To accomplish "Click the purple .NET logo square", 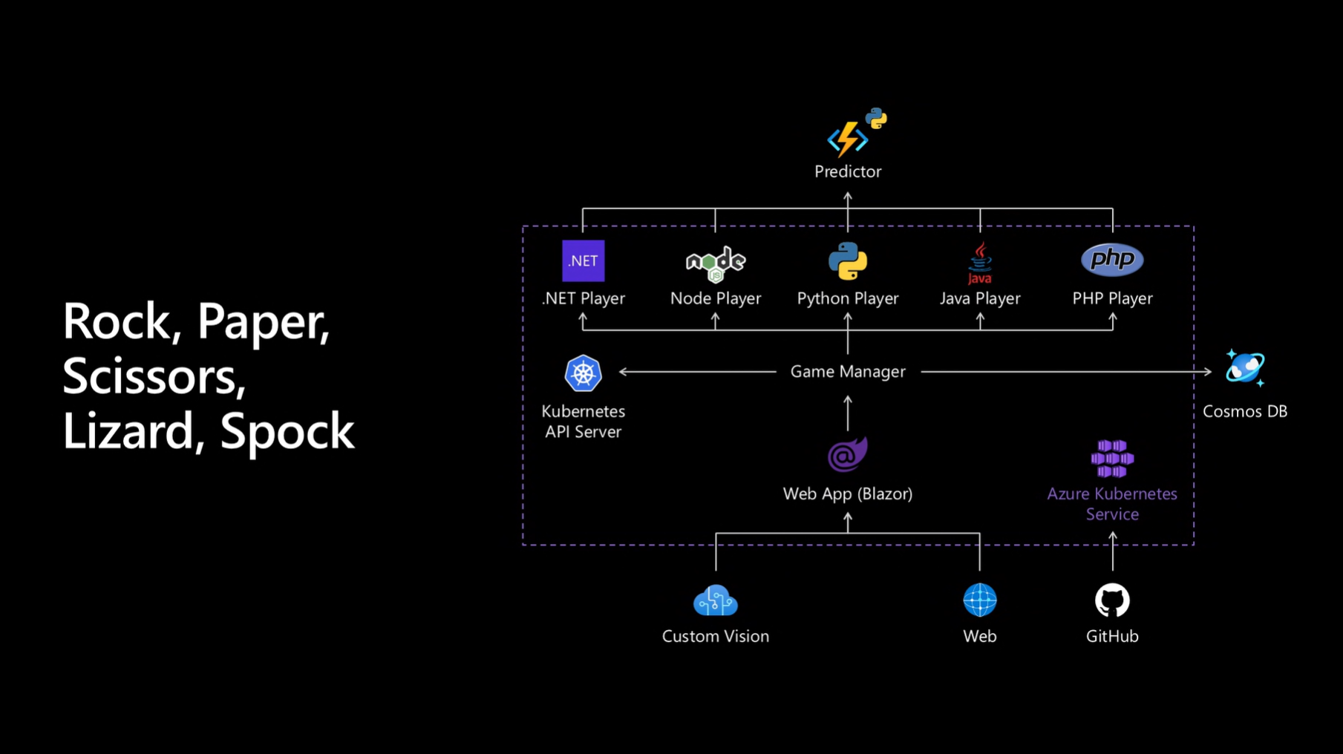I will pos(583,260).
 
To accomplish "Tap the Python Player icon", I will pos(847,260).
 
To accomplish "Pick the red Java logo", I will pos(979,263).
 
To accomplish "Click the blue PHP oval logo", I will pos(1111,260).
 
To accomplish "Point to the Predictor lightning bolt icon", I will pos(848,138).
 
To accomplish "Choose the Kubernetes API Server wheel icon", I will pos(583,373).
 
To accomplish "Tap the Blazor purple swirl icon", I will pos(847,454).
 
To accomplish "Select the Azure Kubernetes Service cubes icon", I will pos(1111,459).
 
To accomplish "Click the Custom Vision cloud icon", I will pos(715,600).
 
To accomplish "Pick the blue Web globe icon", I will pos(979,600).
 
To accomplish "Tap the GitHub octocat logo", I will pos(1111,600).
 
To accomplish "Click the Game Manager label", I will pos(847,371).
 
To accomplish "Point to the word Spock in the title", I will pos(287,430).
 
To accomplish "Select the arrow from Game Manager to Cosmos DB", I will pos(1065,371).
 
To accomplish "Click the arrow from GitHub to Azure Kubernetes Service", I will pos(1112,551).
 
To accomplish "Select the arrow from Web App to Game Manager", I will pos(848,413).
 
